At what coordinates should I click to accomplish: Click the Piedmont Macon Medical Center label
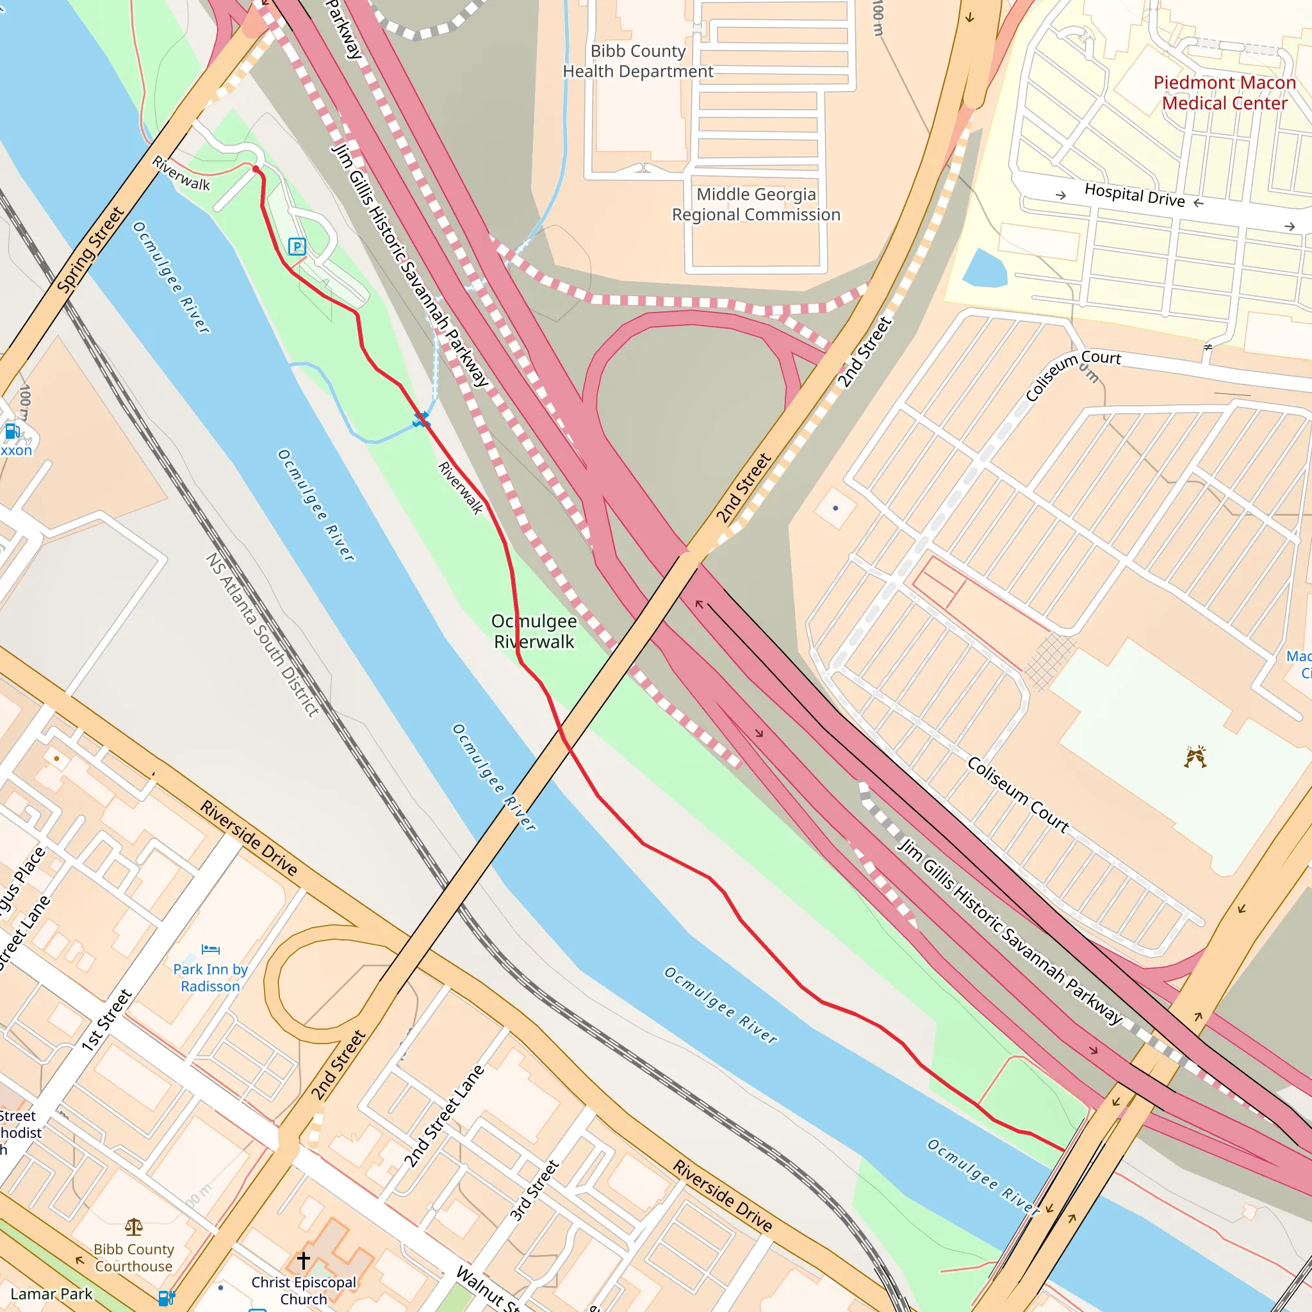pyautogui.click(x=1224, y=93)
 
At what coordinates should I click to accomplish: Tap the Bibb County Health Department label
pyautogui.click(x=637, y=61)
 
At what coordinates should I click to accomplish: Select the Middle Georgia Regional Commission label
pyautogui.click(x=756, y=204)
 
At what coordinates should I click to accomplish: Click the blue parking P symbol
pyautogui.click(x=297, y=247)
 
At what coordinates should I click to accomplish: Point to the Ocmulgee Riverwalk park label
pyautogui.click(x=534, y=632)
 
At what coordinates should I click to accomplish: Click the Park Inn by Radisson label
pyautogui.click(x=211, y=978)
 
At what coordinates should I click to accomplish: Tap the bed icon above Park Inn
pyautogui.click(x=211, y=949)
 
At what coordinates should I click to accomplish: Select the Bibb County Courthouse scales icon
pyautogui.click(x=134, y=1226)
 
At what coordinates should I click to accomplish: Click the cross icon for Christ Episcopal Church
pyautogui.click(x=304, y=1260)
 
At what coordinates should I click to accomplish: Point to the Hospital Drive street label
pyautogui.click(x=1134, y=195)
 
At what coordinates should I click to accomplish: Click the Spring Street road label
pyautogui.click(x=90, y=250)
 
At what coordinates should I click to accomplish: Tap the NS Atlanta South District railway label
pyautogui.click(x=262, y=635)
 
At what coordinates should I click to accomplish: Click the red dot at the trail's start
pyautogui.click(x=256, y=168)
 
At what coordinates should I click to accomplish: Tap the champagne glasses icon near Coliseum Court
pyautogui.click(x=1195, y=757)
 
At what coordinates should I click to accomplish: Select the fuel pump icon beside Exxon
pyautogui.click(x=12, y=431)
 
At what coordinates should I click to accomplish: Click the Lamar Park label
pyautogui.click(x=52, y=1293)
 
